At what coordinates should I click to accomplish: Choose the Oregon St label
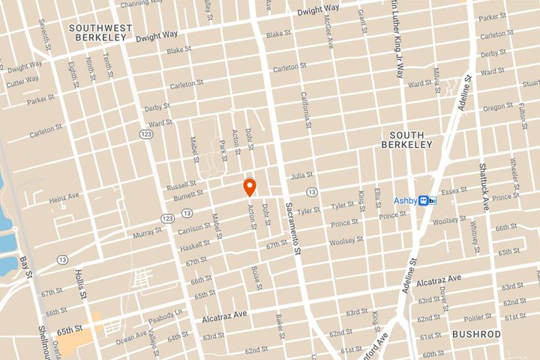tap(498, 107)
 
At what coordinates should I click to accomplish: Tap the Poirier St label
tap(478, 317)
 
